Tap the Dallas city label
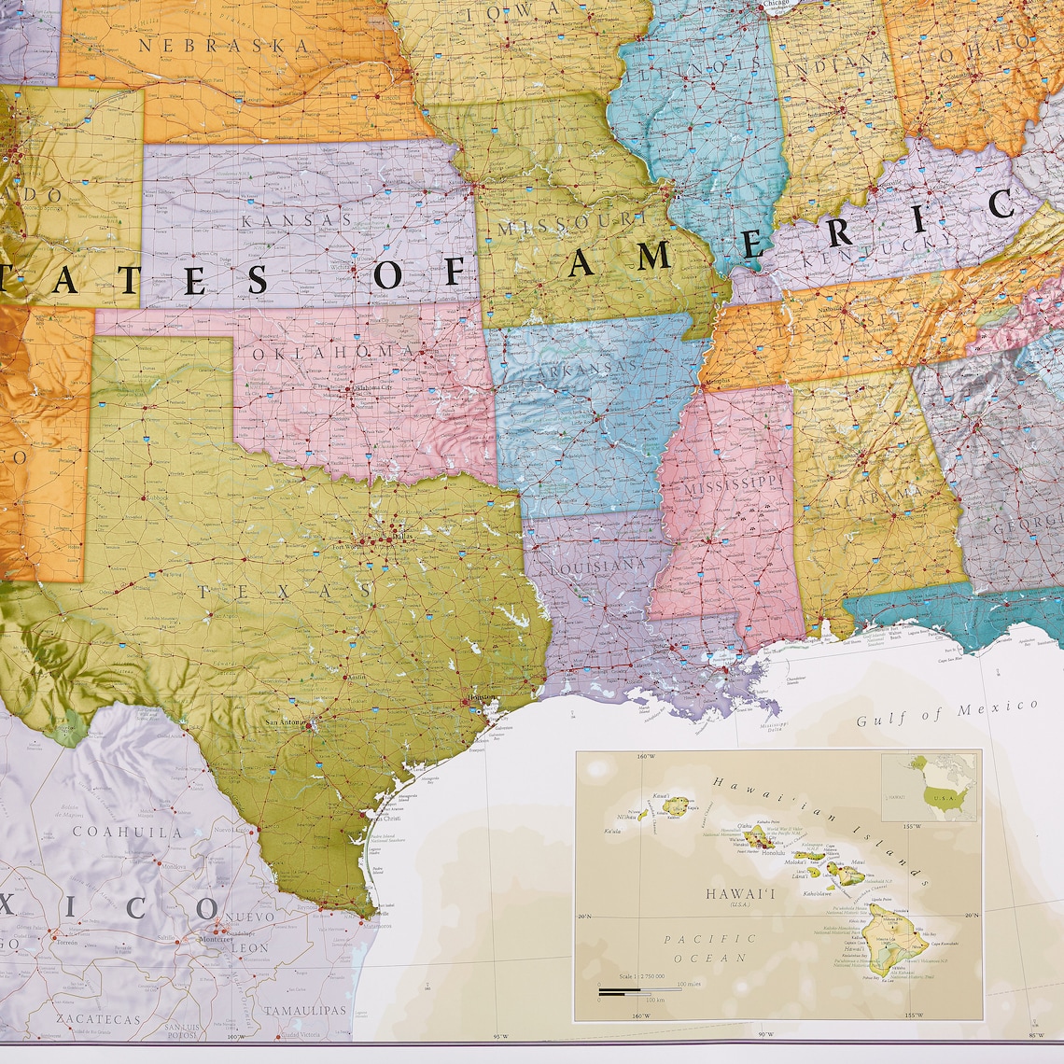tap(403, 537)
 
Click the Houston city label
tap(480, 697)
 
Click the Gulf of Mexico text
tap(946, 713)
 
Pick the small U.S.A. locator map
tap(930, 789)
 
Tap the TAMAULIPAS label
tap(304, 1010)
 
